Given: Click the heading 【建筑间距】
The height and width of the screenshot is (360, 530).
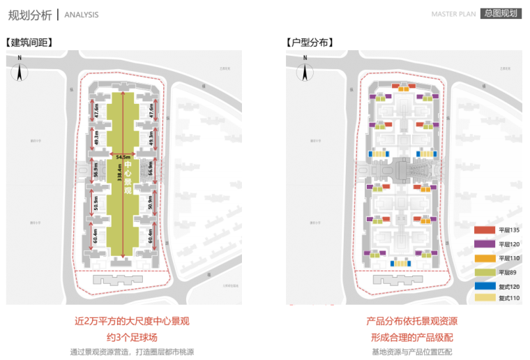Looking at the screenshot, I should [x=30, y=43].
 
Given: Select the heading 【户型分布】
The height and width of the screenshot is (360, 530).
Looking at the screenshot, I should [x=310, y=43].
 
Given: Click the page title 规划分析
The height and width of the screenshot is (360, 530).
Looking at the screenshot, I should [x=29, y=14].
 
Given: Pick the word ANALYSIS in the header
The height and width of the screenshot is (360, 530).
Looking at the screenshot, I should [x=82, y=15].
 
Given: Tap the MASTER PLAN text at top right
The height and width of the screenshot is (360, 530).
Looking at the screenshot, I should [x=453, y=14].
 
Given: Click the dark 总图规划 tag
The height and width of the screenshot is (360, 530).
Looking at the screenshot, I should [x=501, y=13].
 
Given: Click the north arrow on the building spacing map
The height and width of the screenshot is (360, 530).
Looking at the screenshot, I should [x=21, y=70].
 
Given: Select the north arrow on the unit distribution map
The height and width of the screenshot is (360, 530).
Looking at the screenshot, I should [x=303, y=70].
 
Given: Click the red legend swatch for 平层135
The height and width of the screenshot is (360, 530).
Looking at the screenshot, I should [x=484, y=230].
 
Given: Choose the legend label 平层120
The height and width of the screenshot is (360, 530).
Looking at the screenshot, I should [x=510, y=244].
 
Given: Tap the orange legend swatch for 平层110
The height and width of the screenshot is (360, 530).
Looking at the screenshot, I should [x=484, y=258].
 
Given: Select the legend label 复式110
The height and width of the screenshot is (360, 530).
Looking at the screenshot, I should [x=510, y=299].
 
